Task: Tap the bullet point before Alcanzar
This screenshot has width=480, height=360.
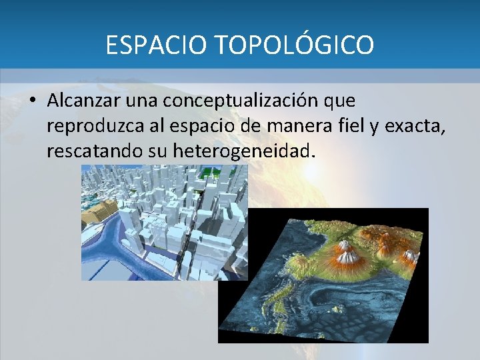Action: [31, 101]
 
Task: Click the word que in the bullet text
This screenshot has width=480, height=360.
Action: [339, 101]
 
